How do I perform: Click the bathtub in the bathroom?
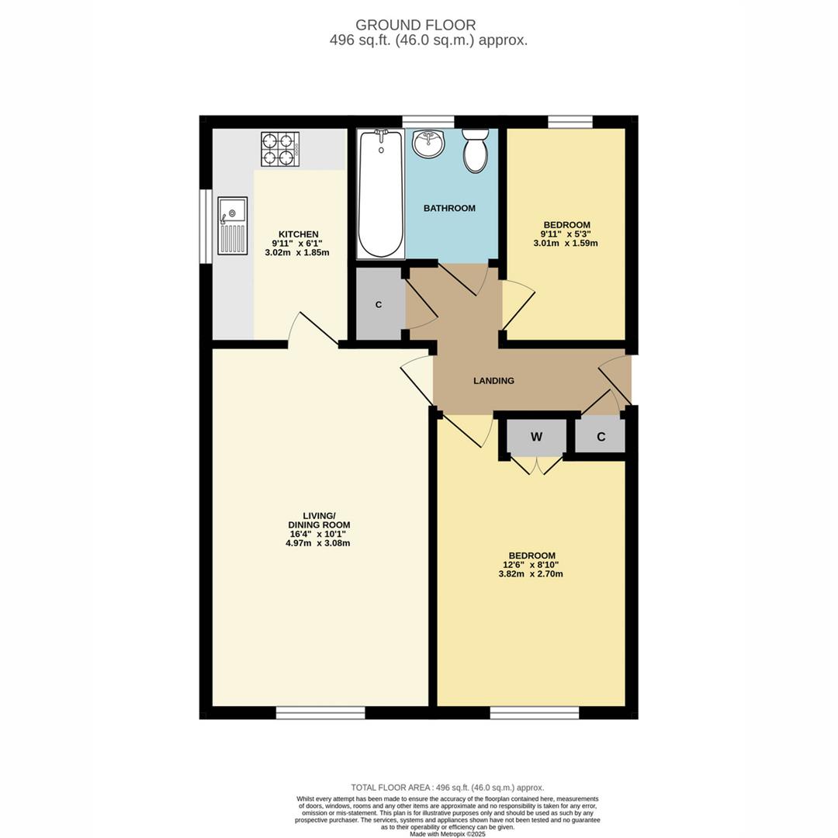[x=380, y=194]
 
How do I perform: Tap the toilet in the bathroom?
[x=475, y=151]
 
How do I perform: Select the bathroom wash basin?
[x=428, y=144]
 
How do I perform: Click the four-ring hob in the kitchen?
[x=279, y=149]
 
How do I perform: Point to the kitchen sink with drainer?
[x=232, y=225]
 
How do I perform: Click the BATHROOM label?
[x=449, y=208]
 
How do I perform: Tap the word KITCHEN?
[x=299, y=234]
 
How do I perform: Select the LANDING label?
[x=493, y=381]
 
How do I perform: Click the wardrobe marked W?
[x=536, y=438]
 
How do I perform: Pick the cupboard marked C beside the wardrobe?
[x=601, y=437]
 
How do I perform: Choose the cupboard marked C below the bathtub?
[x=379, y=305]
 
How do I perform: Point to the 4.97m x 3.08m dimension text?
[x=317, y=543]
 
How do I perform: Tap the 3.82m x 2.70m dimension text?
[x=530, y=574]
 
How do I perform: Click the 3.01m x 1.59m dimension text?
[x=566, y=244]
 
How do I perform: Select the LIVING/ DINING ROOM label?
[x=318, y=520]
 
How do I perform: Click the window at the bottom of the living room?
[x=320, y=712]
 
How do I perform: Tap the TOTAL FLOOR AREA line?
[x=447, y=787]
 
